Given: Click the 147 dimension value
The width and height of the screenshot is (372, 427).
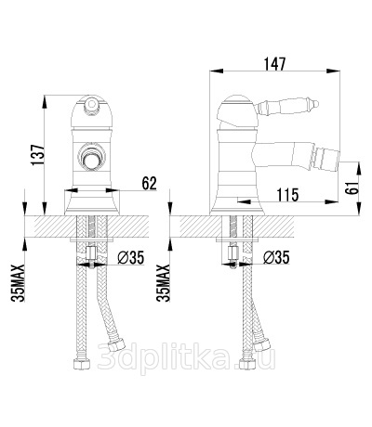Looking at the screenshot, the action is tap(274, 64).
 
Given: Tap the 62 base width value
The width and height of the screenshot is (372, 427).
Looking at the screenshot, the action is tap(150, 184).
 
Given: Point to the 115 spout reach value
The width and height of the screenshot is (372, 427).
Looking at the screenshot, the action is tap(287, 195).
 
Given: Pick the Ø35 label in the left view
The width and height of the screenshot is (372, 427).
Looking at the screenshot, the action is tap(131, 257).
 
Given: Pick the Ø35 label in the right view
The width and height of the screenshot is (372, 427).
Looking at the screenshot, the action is tap(276, 257).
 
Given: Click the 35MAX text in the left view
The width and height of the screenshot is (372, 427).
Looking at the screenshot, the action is tap(18, 283).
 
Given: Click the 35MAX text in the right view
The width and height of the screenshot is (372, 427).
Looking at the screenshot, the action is tap(164, 283).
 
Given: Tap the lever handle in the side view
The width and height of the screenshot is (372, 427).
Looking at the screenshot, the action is tap(287, 106).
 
